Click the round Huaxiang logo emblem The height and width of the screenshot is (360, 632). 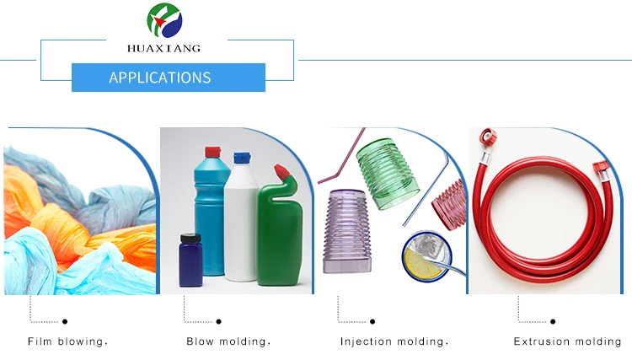coord(164,20)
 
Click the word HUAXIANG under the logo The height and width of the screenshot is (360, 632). coord(163,48)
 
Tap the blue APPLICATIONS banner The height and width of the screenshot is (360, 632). coord(169,78)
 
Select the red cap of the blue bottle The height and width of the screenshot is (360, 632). coord(213,153)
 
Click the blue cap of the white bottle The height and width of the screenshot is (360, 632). coord(242,158)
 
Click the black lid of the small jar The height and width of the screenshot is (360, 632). coord(190,238)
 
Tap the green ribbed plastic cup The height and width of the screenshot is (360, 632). coord(388,174)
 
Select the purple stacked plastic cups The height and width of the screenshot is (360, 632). coord(347,231)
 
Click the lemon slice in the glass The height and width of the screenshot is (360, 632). coord(423,264)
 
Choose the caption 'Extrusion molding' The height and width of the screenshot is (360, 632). coord(567,341)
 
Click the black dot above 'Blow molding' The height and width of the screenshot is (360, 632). coord(218,321)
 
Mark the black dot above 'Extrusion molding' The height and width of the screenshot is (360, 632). coord(553,321)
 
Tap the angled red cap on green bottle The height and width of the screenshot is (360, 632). coord(281,171)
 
